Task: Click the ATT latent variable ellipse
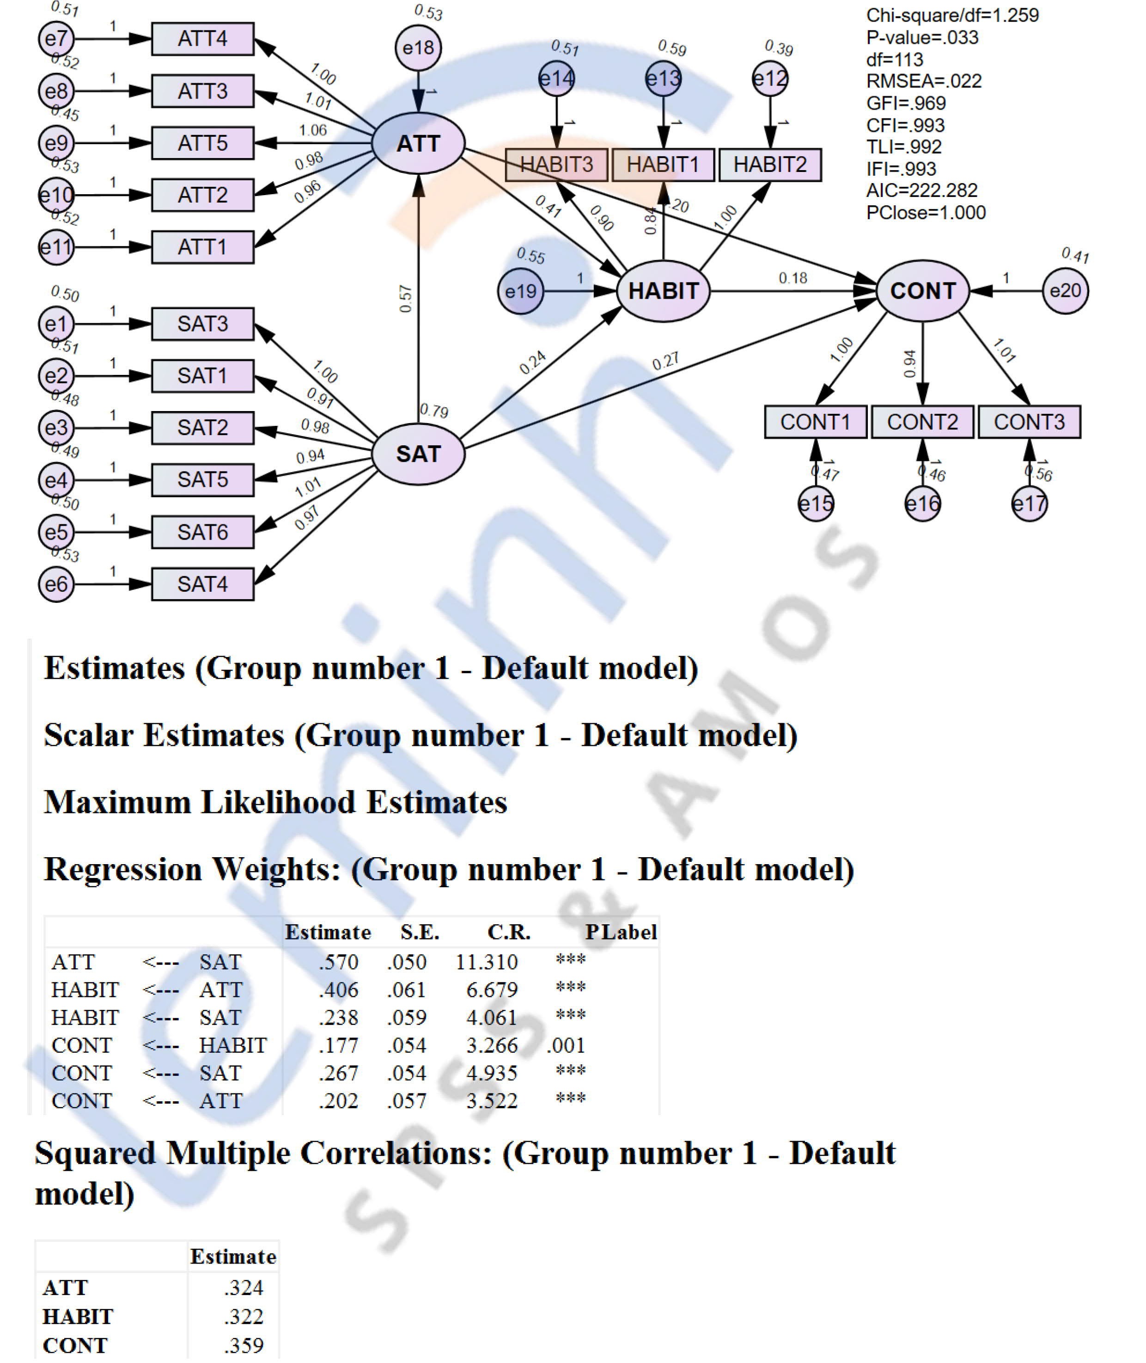tap(418, 143)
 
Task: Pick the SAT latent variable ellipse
tap(418, 454)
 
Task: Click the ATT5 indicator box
tap(203, 143)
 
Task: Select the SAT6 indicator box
tap(203, 532)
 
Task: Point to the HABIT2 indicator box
tap(770, 165)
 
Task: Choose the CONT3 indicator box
tap(1029, 422)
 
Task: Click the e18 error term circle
tap(418, 48)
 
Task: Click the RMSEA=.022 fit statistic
tap(924, 81)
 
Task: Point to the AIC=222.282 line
tap(921, 190)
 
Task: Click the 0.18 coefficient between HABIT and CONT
tap(792, 278)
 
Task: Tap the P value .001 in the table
tap(566, 1045)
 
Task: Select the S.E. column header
tap(420, 932)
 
